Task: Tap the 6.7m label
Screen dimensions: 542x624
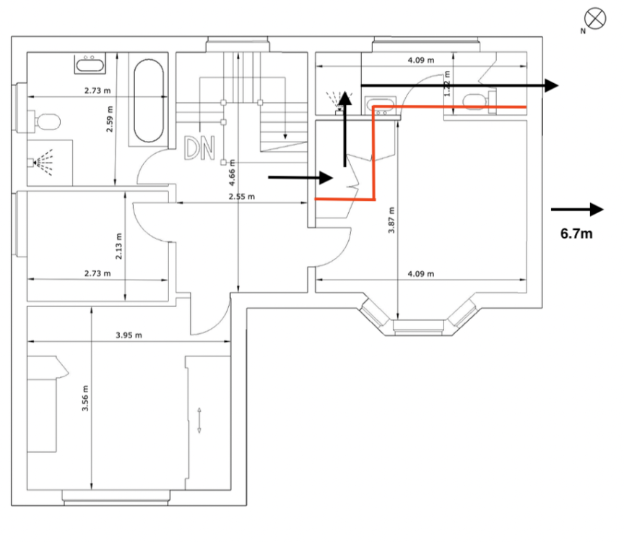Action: [576, 233]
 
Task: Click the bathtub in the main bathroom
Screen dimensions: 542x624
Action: [149, 100]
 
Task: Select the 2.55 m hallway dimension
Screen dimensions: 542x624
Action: [240, 197]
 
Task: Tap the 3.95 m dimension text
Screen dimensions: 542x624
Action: [129, 335]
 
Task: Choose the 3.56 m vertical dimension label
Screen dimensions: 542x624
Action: [85, 398]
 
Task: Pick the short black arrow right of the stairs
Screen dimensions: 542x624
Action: [300, 176]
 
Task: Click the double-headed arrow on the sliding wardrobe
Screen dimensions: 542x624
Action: [199, 421]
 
